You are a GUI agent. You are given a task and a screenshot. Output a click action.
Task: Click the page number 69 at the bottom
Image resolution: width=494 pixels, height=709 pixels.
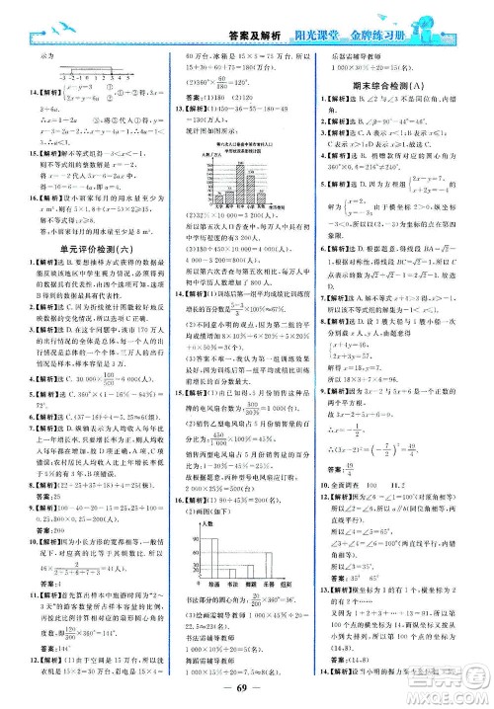coord(246,691)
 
